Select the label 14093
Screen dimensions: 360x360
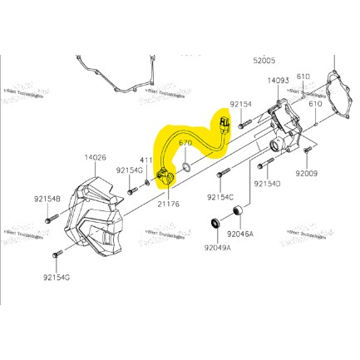[279, 81]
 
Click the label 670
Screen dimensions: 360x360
[185, 144]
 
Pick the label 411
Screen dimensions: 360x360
[145, 160]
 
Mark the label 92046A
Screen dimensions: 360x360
[240, 234]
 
